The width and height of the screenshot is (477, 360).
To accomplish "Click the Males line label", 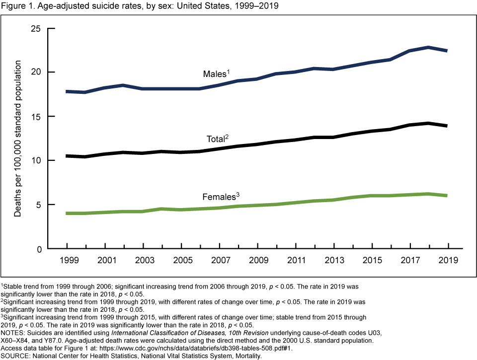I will (x=216, y=74).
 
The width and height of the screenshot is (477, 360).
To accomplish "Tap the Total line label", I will (x=217, y=139).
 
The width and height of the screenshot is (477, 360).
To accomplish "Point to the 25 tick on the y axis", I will (x=36, y=28).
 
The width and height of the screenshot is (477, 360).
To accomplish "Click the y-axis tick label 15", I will (x=36, y=116).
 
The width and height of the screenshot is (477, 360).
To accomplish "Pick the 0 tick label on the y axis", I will (x=38, y=249).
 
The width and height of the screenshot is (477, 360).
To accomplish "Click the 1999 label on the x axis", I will (x=67, y=260).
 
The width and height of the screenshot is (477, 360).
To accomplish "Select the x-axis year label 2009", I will (x=257, y=260).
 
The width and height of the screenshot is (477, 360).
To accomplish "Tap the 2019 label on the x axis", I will (x=448, y=260).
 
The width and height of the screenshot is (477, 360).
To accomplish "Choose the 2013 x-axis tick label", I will (x=333, y=260).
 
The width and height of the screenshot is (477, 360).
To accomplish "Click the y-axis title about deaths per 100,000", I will (x=18, y=139).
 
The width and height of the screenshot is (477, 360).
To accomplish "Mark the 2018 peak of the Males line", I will (x=428, y=47).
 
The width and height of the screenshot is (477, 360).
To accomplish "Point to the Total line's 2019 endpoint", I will (x=447, y=126).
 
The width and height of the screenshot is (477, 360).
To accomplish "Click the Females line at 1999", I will (x=67, y=214).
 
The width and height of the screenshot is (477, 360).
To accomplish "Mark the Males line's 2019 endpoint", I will (x=447, y=51).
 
